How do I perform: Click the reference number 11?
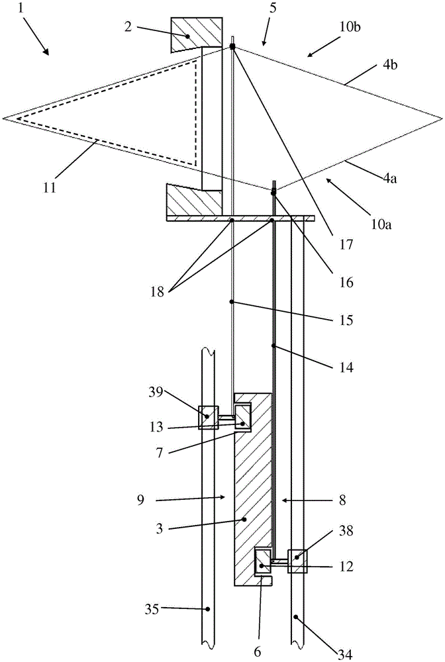(50, 187)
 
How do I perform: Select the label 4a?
(389, 179)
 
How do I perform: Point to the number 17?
(346, 244)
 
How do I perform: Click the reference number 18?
(157, 291)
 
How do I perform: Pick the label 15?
(346, 320)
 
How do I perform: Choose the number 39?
(156, 392)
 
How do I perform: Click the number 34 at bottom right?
(346, 655)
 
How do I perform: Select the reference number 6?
(257, 652)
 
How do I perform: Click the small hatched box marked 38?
(297, 561)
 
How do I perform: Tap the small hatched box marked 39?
(209, 418)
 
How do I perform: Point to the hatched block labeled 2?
(196, 34)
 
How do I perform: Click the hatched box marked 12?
(263, 561)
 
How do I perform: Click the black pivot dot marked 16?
(273, 193)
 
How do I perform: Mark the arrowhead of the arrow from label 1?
(48, 55)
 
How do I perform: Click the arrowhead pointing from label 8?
(282, 500)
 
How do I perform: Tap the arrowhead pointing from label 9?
(224, 498)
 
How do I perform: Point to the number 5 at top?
(273, 9)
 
